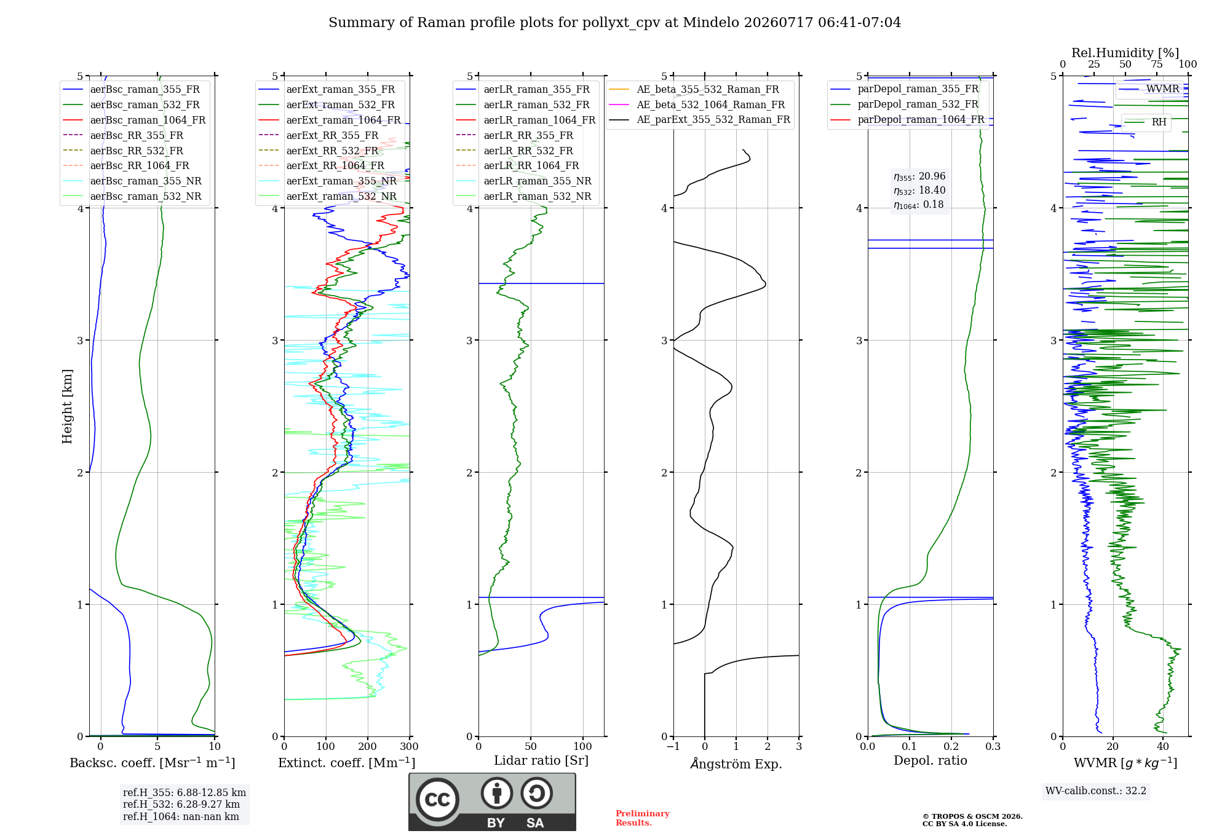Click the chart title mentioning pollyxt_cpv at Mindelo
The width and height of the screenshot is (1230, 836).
click(x=614, y=23)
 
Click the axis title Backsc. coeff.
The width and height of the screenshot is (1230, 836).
click(x=153, y=763)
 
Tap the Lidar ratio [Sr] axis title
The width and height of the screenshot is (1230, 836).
click(x=541, y=760)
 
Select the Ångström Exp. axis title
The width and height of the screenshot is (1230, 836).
click(x=736, y=763)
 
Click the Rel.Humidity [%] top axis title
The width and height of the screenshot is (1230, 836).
click(x=1125, y=53)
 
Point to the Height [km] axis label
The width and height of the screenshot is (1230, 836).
click(x=67, y=406)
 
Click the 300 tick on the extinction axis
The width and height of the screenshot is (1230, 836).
click(x=410, y=747)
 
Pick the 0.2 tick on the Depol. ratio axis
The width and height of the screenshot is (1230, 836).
click(x=951, y=747)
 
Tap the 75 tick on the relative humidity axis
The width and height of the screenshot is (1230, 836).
click(x=1157, y=65)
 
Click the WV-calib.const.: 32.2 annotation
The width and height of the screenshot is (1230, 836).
click(x=1096, y=791)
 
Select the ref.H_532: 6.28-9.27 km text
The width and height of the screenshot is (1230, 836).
click(x=181, y=804)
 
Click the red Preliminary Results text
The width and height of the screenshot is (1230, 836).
click(x=643, y=818)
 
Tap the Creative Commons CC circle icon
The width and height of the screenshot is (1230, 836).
click(x=437, y=799)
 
